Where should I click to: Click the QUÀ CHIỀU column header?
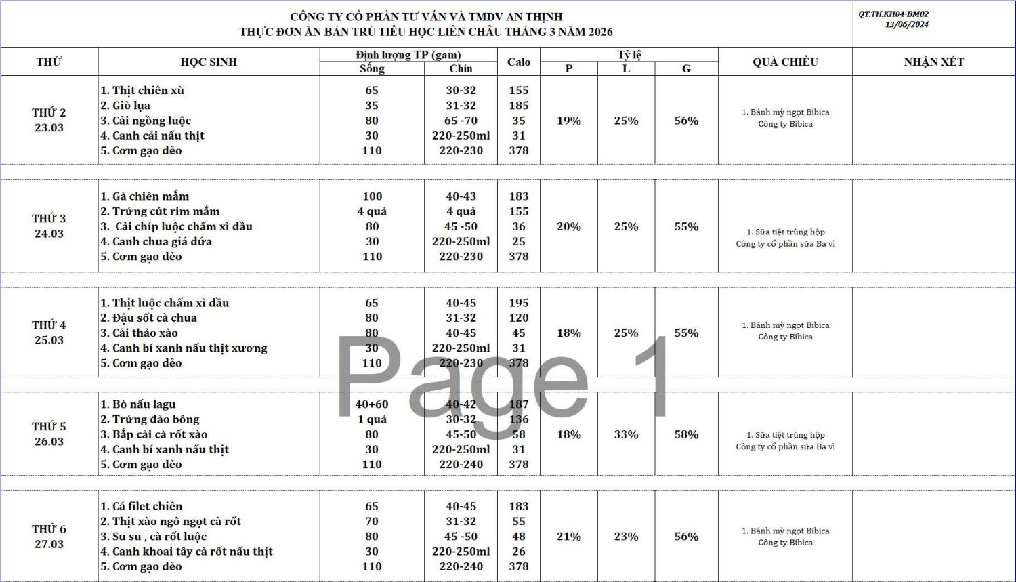785,62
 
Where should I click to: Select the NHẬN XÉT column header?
933,62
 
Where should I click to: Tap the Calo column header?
518,62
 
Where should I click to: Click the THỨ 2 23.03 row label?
49,120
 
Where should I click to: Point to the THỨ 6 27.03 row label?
49,536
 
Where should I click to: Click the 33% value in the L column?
626,434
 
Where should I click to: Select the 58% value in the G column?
686,434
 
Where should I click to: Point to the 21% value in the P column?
568,536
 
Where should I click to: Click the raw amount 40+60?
372,404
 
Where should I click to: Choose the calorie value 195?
518,303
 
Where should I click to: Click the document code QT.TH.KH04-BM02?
893,14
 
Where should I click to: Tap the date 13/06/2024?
906,24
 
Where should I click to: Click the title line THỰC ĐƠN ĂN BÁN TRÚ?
426,32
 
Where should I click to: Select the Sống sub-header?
372,68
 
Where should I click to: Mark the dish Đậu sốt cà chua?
154,318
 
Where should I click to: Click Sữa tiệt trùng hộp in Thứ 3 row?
785,232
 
